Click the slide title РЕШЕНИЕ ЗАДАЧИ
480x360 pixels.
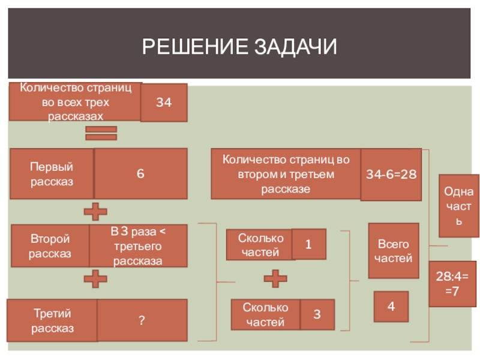pos(240,46)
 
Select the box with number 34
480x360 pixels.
pos(164,103)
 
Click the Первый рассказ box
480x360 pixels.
pos(52,173)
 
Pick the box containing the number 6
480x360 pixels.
pos(140,173)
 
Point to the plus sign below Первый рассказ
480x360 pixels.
pos(95,211)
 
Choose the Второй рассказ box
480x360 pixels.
pos(50,246)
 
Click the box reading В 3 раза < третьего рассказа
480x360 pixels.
pos(138,246)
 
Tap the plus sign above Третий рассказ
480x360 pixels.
pos(95,278)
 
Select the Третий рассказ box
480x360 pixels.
pos(52,320)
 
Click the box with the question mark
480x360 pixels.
pos(142,320)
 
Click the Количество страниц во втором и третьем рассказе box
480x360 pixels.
pos(286,174)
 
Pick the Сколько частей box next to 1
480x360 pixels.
pos(260,245)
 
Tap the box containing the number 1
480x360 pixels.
pos(309,244)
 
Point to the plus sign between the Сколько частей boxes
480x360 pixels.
pos(275,278)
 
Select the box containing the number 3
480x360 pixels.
pos(316,315)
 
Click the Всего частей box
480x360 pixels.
pos(393,251)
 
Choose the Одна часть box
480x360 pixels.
pos(459,206)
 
